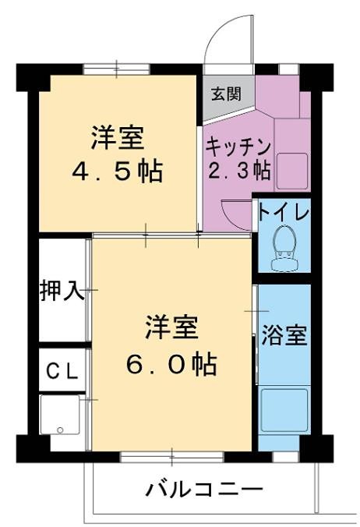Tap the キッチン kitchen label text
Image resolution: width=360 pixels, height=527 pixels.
tap(238, 145)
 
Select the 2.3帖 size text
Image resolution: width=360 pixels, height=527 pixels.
tap(238, 169)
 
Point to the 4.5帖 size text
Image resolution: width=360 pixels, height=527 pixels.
tap(117, 170)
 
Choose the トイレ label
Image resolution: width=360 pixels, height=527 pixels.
tap(284, 212)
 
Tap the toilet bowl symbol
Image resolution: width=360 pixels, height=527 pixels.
tap(284, 245)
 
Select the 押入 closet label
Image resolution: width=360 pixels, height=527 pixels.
tap(62, 291)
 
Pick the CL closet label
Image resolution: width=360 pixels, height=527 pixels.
tap(62, 371)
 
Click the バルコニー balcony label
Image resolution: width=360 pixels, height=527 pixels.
tap(204, 490)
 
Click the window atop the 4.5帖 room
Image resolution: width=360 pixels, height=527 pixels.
tap(117, 69)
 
